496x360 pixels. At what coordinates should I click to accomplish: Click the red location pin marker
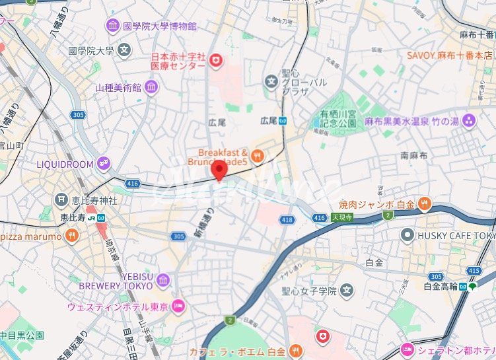pos(219,170)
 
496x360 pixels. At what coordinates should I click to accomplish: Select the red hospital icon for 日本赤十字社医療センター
pos(215,61)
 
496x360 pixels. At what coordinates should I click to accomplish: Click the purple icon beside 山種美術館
pos(152,87)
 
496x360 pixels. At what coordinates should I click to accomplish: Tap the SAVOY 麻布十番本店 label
pos(449,55)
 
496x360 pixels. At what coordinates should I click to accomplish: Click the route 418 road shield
pos(286,220)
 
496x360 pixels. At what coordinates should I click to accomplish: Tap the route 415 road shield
pos(473,271)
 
